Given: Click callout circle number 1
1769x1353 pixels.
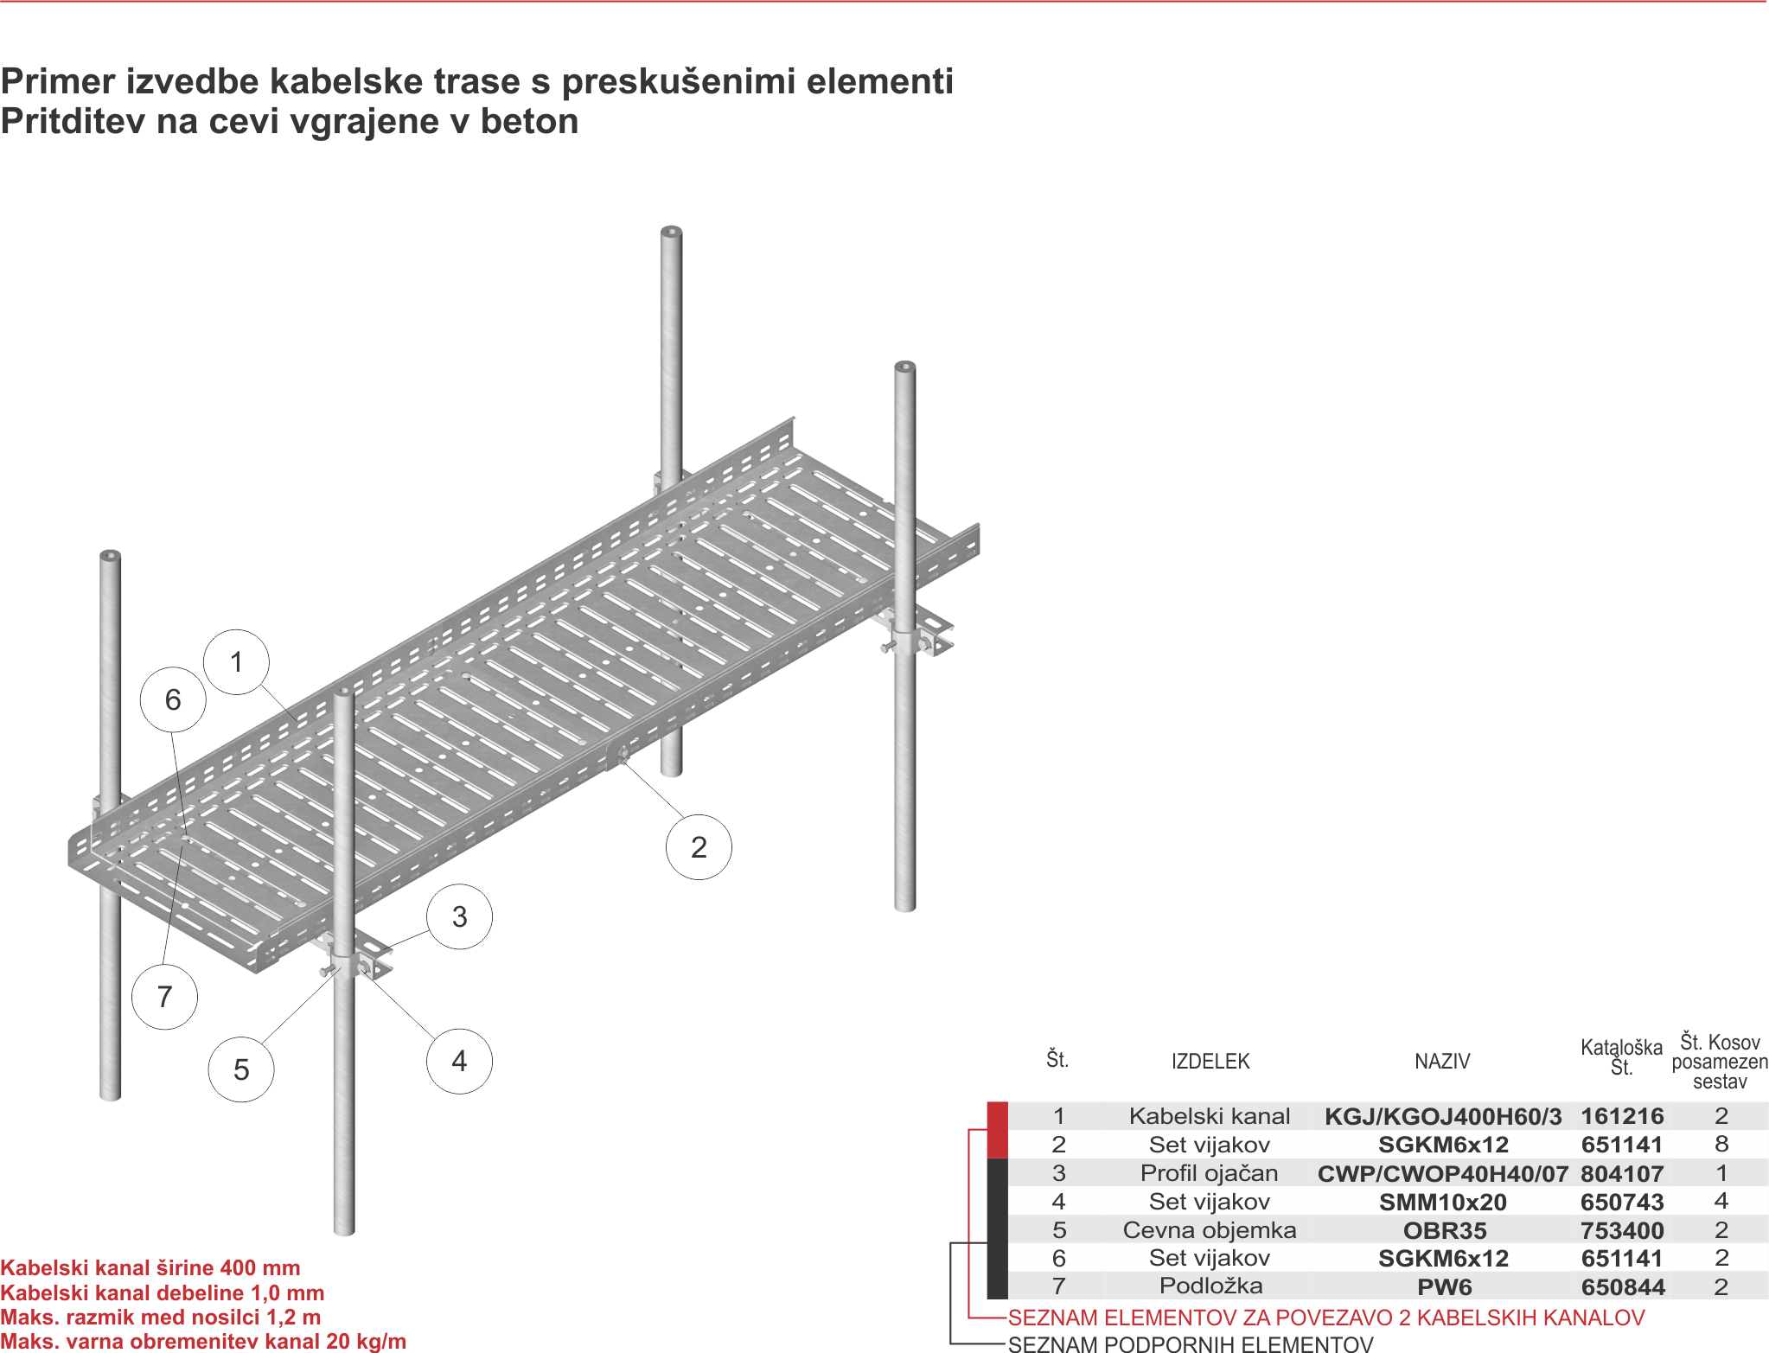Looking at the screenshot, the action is tap(236, 662).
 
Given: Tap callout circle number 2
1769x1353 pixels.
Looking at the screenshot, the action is tap(699, 847).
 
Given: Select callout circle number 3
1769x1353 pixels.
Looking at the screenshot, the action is tap(460, 916).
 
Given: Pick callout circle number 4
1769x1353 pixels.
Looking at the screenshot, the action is tap(460, 1061).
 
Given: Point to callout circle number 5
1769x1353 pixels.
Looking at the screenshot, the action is tap(241, 1069).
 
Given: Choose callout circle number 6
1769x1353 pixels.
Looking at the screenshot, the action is tap(173, 699).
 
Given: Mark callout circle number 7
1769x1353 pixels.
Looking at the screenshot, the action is tap(164, 997).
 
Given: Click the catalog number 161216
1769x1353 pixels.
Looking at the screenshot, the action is tap(1622, 1116).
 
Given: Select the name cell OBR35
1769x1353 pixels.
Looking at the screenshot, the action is tap(1445, 1230).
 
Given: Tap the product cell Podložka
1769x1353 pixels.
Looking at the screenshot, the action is tap(1210, 1286).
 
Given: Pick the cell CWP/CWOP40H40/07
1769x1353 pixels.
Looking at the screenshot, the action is tap(1443, 1173).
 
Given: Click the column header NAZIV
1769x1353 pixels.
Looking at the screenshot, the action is tap(1442, 1061).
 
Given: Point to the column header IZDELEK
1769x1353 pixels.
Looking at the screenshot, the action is tap(1210, 1061).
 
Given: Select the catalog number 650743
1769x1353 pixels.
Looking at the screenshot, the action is tap(1622, 1202).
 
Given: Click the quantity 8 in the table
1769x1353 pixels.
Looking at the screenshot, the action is tap(1721, 1144).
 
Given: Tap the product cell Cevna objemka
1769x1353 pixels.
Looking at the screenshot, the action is tap(1210, 1229).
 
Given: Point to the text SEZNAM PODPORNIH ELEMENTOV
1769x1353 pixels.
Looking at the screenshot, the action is tap(1191, 1343).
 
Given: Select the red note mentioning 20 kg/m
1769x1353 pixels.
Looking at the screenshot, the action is tap(203, 1341).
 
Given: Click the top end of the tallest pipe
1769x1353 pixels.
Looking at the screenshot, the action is tap(672, 232).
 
